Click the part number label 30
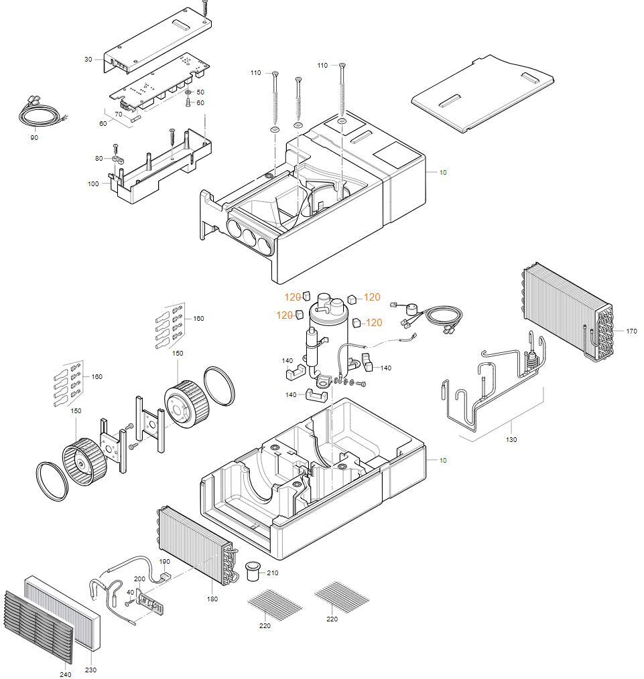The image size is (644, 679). (x=88, y=60)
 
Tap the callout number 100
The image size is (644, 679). (x=92, y=183)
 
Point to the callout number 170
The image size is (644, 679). (x=631, y=331)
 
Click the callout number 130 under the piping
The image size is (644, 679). (x=511, y=440)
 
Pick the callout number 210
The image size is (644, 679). (x=272, y=573)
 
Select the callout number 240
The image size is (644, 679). (x=66, y=674)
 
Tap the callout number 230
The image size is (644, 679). (x=90, y=670)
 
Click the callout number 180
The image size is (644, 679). (x=212, y=599)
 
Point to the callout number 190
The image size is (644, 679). (x=164, y=561)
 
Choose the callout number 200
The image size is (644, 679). (x=139, y=579)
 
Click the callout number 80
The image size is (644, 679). (x=99, y=159)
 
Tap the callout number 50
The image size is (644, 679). (x=200, y=92)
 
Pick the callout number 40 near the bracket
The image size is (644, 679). (x=130, y=592)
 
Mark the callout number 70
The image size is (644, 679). (x=119, y=115)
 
